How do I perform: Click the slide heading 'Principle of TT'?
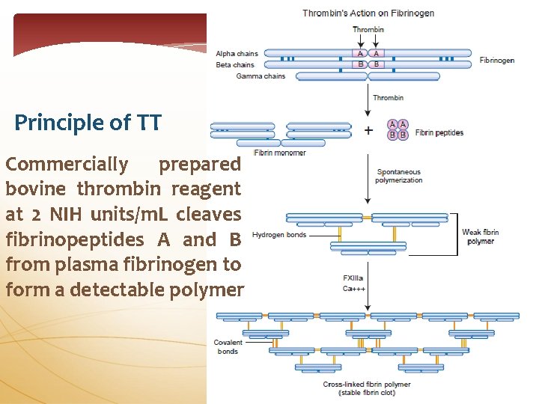point(88,122)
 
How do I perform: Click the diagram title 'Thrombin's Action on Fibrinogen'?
point(368,13)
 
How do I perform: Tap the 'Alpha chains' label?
point(237,54)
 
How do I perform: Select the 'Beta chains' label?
point(235,65)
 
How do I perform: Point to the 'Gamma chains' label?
point(261,76)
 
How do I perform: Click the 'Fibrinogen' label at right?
point(497,60)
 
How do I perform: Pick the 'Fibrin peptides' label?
point(439,133)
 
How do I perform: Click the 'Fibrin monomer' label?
point(280,153)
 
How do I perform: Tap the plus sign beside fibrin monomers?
point(368,130)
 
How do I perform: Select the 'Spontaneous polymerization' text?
point(399,176)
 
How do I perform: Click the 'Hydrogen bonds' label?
point(279,235)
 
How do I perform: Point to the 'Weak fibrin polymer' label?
point(480,237)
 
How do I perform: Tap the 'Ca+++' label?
point(354,288)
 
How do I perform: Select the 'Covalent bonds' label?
point(228,347)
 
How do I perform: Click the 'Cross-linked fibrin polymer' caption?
point(367,385)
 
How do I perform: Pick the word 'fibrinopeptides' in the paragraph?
point(75,239)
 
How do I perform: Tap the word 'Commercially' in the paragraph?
point(67,164)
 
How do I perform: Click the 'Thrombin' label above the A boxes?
point(368,30)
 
